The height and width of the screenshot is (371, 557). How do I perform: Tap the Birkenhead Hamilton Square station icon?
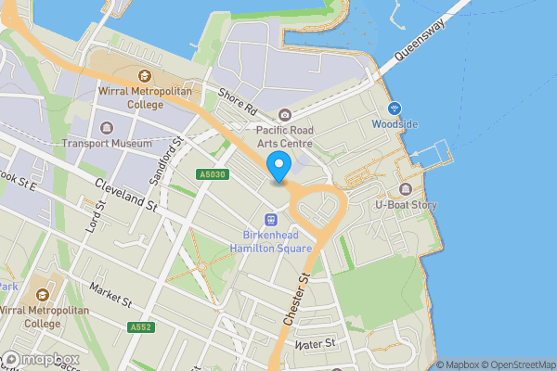point(271,220)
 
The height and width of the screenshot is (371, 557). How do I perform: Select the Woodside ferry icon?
point(395,109)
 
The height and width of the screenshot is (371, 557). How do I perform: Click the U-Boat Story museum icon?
point(406,189)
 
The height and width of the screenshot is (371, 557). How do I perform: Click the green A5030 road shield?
point(211,174)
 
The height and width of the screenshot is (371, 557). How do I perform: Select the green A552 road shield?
point(141,327)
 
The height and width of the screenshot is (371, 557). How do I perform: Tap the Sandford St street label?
point(168,159)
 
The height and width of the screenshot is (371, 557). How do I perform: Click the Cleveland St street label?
point(124,193)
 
